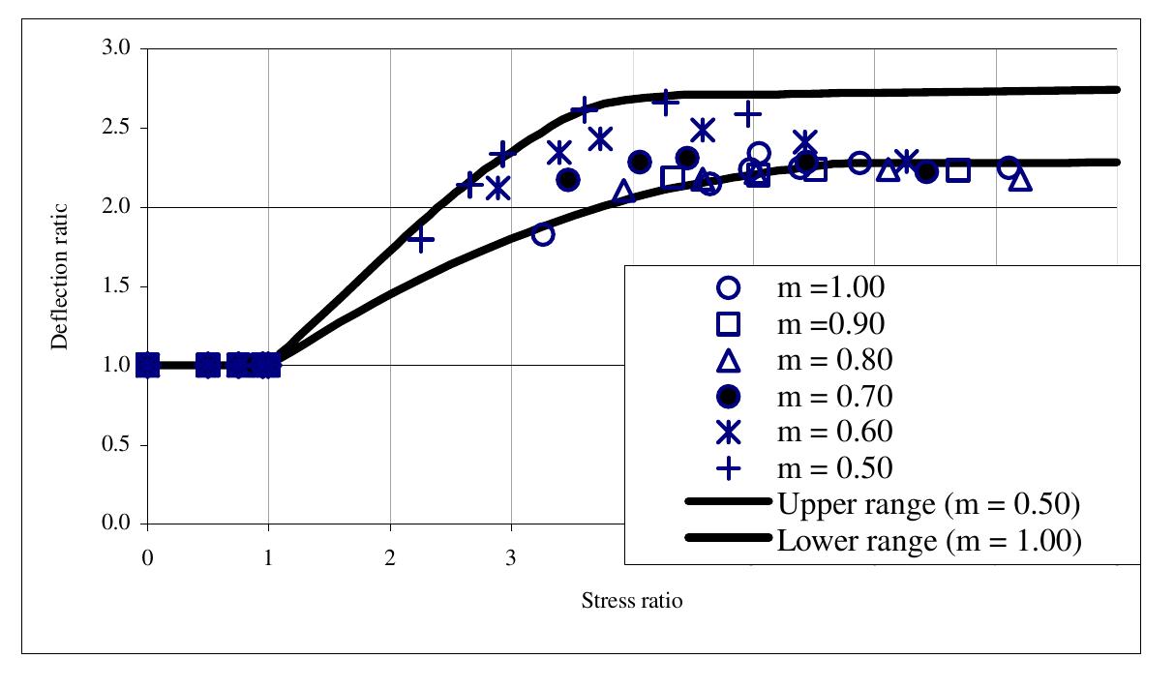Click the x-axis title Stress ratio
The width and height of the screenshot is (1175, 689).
point(631,601)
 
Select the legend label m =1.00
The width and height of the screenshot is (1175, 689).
point(831,287)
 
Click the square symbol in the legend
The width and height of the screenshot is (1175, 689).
point(728,324)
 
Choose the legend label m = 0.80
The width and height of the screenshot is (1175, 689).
point(834,360)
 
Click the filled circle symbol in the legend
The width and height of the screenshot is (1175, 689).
point(728,397)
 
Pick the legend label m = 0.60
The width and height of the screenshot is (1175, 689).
point(834,432)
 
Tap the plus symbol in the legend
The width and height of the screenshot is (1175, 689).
point(728,468)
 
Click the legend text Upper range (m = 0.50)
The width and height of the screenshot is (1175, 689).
point(928,504)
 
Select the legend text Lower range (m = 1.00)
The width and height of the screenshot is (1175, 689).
point(928,541)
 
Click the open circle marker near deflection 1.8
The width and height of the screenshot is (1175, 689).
point(543,234)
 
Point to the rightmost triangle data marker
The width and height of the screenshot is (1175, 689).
point(1020,180)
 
